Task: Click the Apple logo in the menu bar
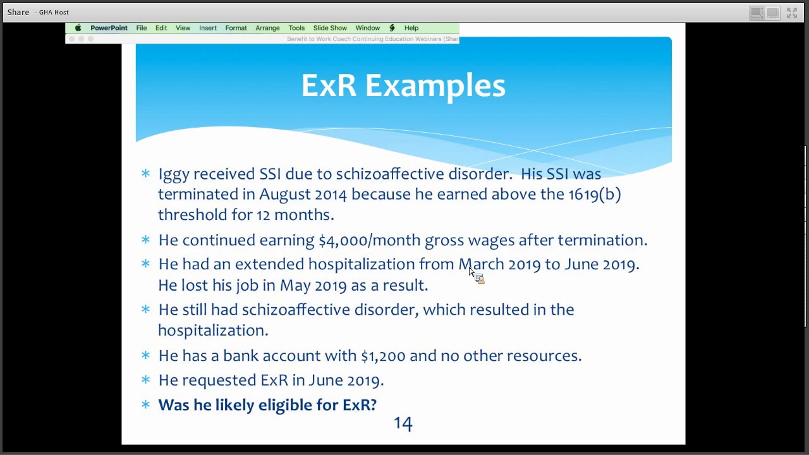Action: pyautogui.click(x=78, y=28)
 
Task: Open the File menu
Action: pyautogui.click(x=141, y=28)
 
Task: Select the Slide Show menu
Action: pyautogui.click(x=330, y=28)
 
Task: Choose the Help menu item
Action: pyautogui.click(x=411, y=28)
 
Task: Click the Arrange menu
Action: pyautogui.click(x=267, y=28)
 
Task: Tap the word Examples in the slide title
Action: pyautogui.click(x=435, y=86)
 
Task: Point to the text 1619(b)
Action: pyautogui.click(x=594, y=194)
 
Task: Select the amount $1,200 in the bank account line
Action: pyautogui.click(x=382, y=356)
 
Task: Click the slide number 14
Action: pyautogui.click(x=403, y=423)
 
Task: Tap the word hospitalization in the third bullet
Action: pyautogui.click(x=361, y=264)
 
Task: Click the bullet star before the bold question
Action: pyautogui.click(x=145, y=404)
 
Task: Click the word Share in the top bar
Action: pyautogui.click(x=18, y=12)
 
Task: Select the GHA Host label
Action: pyautogui.click(x=54, y=12)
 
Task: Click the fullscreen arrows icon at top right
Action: pyautogui.click(x=792, y=13)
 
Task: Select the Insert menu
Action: pyautogui.click(x=207, y=28)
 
